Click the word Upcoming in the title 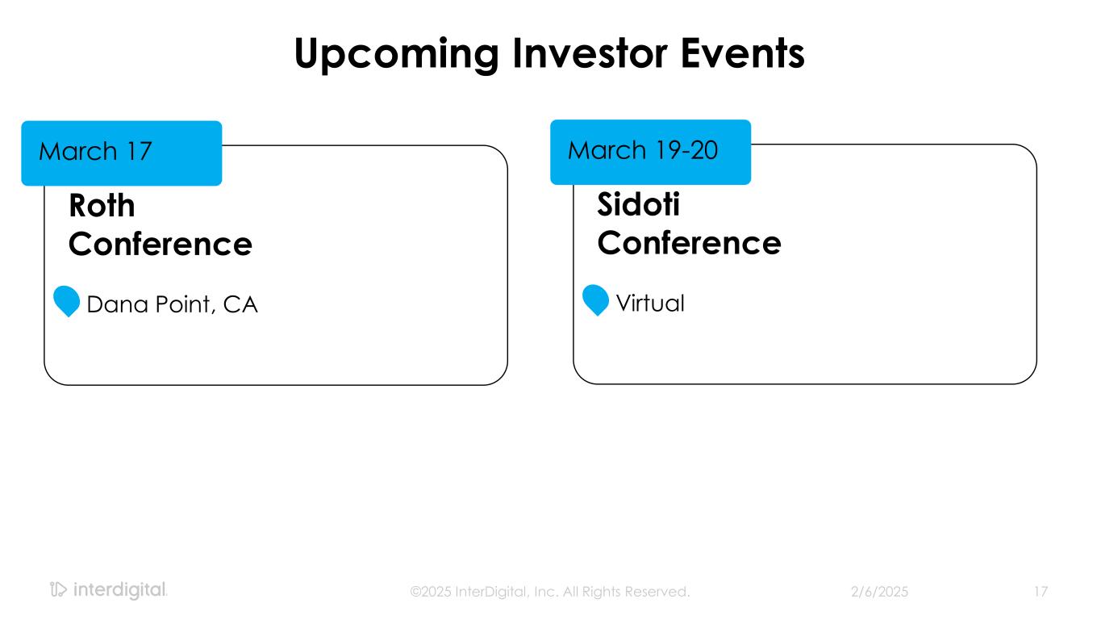point(397,55)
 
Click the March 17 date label point(95,151)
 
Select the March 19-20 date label point(643,149)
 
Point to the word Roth point(102,205)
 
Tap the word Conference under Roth point(161,244)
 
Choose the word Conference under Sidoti point(689,243)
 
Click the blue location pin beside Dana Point point(66,300)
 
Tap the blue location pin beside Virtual point(595,300)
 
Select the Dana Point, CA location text point(172,304)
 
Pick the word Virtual point(650,303)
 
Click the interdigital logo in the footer point(109,589)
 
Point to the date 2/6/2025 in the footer point(879,592)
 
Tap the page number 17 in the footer point(1041,592)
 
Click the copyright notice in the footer point(550,592)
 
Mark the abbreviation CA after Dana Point point(240,304)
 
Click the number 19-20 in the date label point(686,149)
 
